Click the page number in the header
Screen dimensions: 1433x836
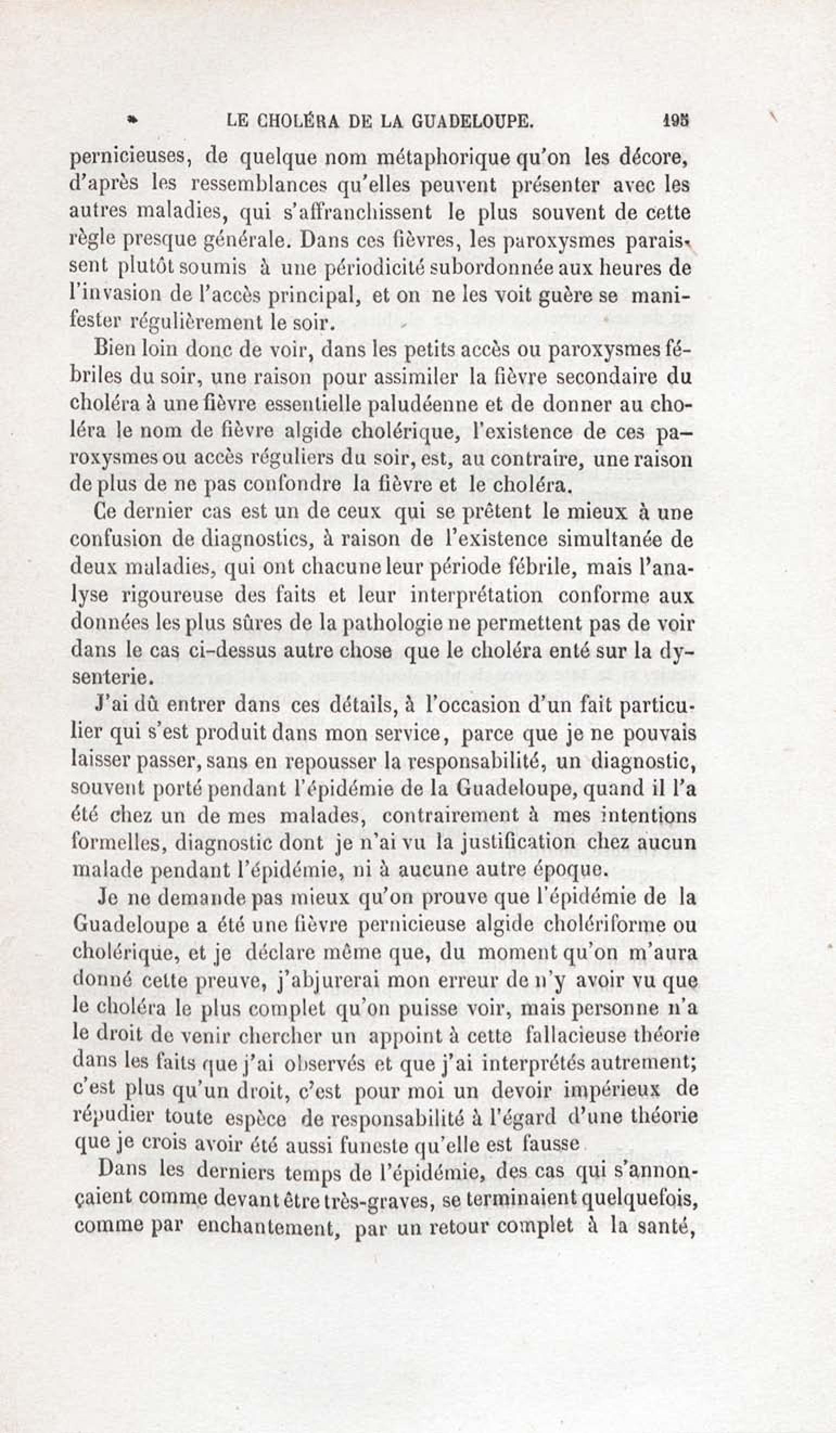click(x=675, y=121)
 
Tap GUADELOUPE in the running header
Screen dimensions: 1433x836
click(x=482, y=121)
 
